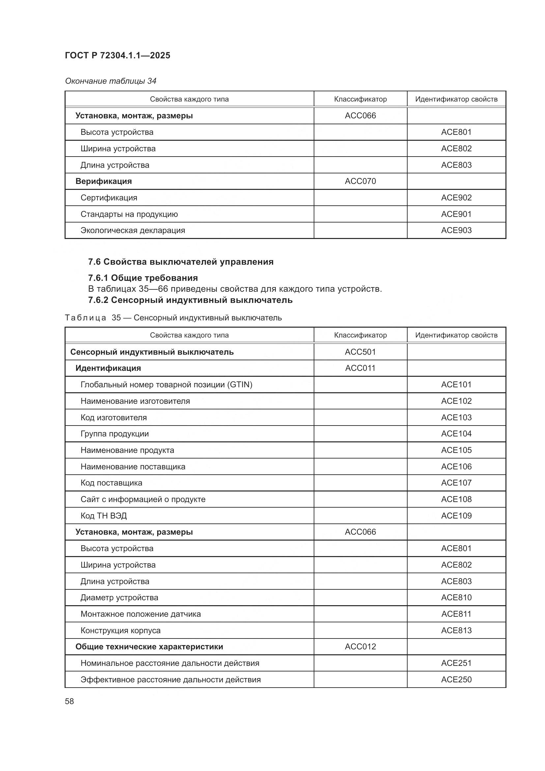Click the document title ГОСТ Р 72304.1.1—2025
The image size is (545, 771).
point(117,55)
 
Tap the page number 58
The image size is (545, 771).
point(70,701)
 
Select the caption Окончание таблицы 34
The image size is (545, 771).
point(110,81)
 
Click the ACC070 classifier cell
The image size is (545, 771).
point(360,181)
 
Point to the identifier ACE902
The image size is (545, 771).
point(456,197)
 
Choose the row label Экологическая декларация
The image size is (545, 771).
point(132,230)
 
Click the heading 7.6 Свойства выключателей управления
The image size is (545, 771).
point(181,262)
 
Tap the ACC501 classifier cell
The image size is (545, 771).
point(360,352)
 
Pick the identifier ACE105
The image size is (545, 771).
point(456,450)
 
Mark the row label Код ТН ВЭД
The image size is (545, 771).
point(103,516)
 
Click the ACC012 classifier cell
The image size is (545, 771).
point(360,646)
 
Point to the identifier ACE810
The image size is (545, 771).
point(456,597)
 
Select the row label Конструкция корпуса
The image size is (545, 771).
point(121,630)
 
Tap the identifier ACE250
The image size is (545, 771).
point(456,679)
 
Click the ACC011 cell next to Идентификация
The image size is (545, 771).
point(360,368)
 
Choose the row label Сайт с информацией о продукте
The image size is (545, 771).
point(143,499)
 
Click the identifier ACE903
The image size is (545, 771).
point(456,230)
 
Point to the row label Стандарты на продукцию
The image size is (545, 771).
point(129,214)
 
